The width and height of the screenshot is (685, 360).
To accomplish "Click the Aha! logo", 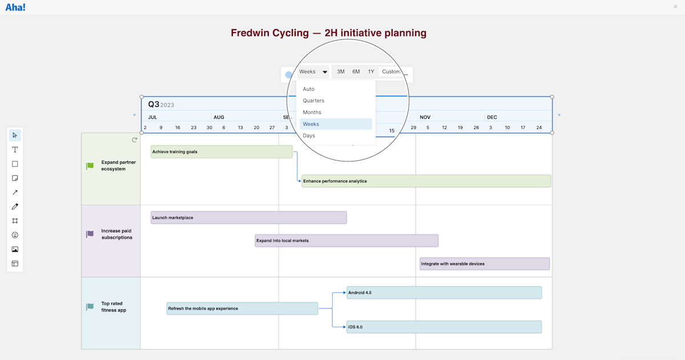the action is point(15,7).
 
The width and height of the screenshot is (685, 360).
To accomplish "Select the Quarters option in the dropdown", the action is point(313,101).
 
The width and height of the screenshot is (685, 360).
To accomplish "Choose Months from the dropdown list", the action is point(312,112).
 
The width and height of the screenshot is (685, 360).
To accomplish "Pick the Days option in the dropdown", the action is point(309,136).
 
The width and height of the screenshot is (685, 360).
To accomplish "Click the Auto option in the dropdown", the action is point(308,89).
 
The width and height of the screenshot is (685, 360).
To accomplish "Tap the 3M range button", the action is point(341,72).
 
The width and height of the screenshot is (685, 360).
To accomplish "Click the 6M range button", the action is point(356,72).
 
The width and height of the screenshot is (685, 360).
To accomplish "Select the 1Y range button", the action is point(371,72).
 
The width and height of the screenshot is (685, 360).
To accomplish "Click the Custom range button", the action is point(391,72).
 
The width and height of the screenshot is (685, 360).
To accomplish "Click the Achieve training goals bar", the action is point(221,152).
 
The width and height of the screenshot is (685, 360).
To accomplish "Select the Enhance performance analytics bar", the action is point(426,181).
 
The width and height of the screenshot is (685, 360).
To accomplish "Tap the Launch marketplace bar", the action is point(248,217).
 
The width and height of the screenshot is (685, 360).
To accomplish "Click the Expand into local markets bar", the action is point(346,241).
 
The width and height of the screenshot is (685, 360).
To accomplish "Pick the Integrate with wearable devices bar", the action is point(485,264).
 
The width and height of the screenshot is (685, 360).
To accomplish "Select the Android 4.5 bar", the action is point(444,293).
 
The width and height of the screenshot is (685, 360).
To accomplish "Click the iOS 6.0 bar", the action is point(444,327).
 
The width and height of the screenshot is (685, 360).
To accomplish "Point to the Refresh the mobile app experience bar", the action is point(242,309).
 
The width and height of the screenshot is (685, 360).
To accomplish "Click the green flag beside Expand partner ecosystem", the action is point(90,166).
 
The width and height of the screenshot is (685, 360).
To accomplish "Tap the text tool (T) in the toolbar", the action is point(15,149).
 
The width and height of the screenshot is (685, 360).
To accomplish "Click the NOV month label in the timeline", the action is point(425,118).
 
